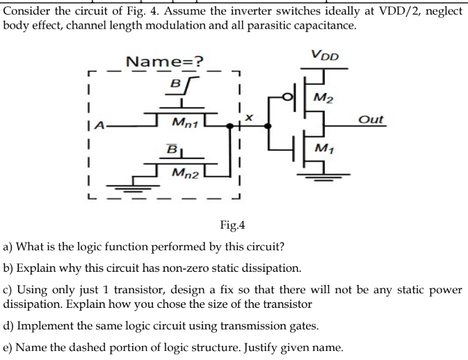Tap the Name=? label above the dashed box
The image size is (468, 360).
[164, 62]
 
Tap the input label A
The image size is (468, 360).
[102, 125]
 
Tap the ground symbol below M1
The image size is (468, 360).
[320, 177]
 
